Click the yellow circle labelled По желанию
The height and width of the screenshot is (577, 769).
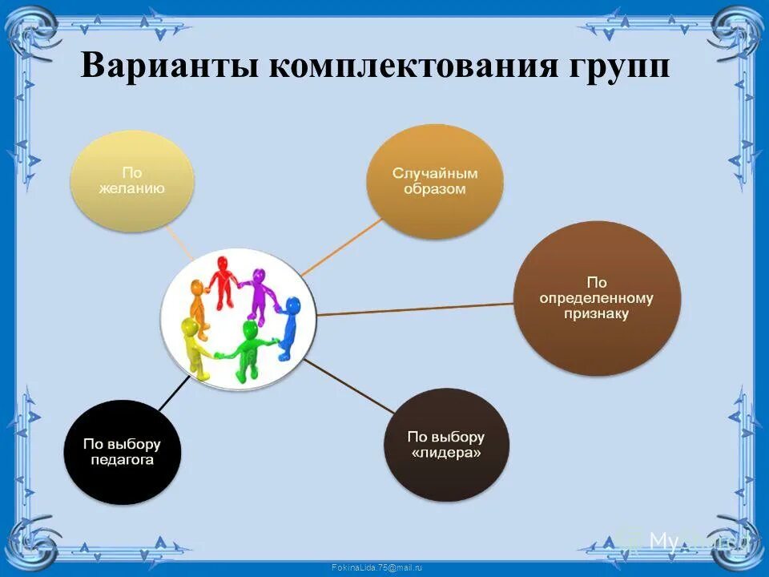click(132, 181)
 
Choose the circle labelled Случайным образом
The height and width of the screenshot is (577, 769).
click(435, 181)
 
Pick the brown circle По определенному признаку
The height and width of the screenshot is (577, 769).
click(596, 298)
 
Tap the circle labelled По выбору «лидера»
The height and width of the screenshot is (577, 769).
click(446, 445)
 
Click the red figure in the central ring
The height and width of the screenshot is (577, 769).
click(222, 280)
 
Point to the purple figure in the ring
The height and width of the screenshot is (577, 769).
click(258, 293)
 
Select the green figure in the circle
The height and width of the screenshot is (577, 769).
click(249, 349)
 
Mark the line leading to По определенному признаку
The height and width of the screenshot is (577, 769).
click(417, 309)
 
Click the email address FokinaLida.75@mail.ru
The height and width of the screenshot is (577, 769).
click(376, 567)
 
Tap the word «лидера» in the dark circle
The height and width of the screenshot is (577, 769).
click(446, 454)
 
